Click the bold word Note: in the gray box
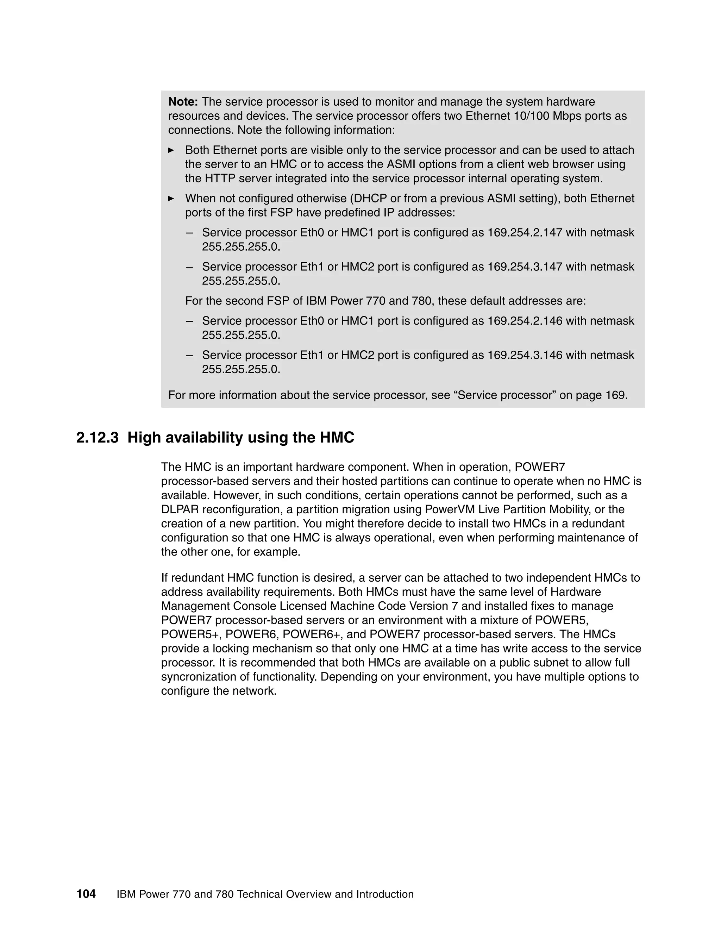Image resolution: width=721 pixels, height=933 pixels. [183, 102]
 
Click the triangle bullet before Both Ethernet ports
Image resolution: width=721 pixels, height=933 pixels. [171, 150]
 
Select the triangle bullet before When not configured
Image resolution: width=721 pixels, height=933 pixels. [171, 199]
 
